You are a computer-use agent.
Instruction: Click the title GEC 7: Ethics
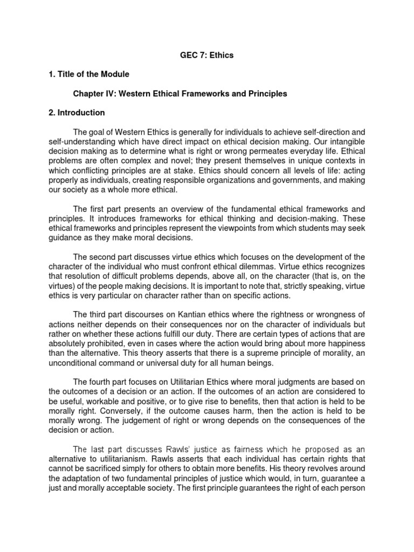(206, 56)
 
